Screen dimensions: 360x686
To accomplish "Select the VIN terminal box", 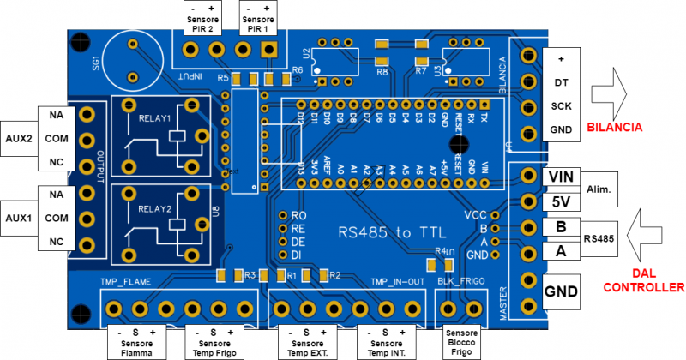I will point(561,177).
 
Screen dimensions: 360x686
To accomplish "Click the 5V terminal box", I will point(561,202).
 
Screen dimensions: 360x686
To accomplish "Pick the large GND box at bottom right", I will point(561,291).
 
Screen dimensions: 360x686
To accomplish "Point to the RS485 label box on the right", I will point(600,239).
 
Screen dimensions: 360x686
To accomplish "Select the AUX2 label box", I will point(19,137).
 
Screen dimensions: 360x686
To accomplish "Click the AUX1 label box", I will point(19,218).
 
